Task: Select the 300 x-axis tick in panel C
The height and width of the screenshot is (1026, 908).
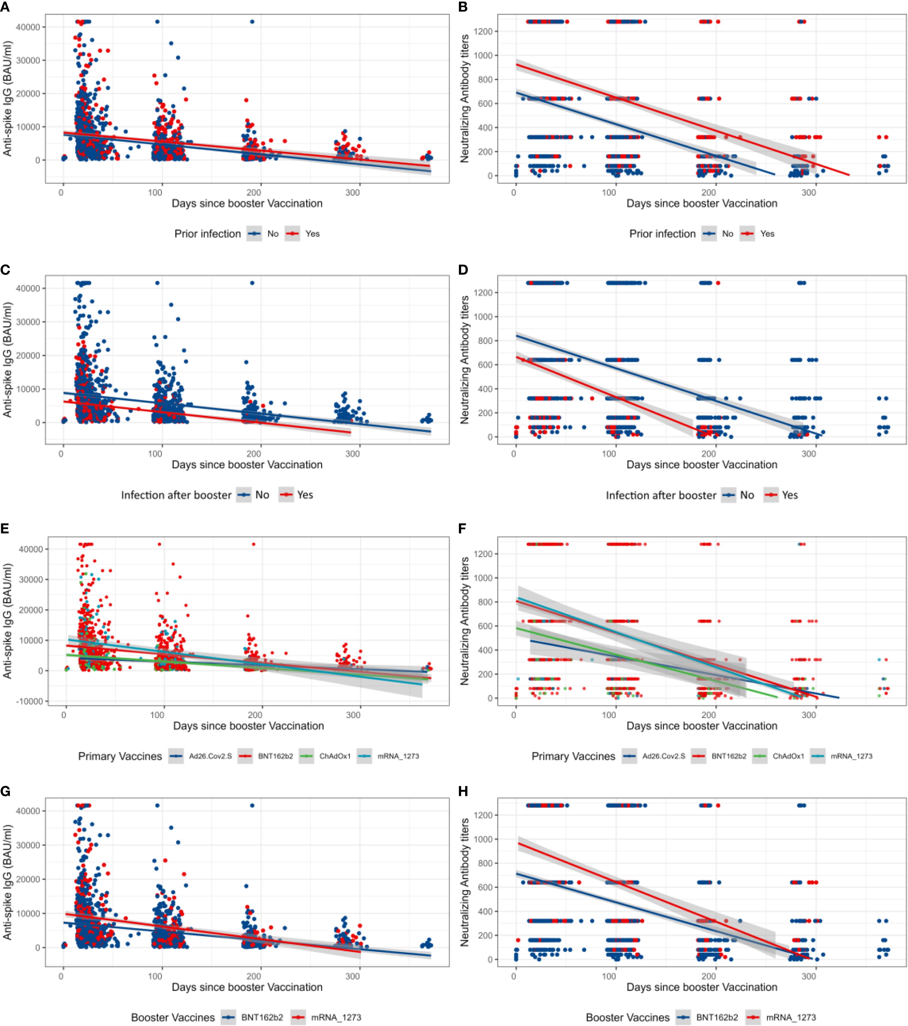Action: (353, 454)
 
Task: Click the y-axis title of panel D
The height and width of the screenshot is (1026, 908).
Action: (464, 359)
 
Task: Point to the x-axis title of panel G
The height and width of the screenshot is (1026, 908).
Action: (247, 987)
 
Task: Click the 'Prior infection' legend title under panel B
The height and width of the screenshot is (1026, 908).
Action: (662, 234)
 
